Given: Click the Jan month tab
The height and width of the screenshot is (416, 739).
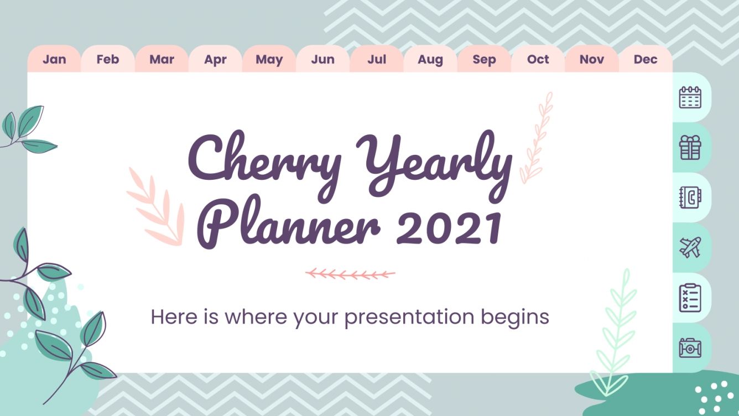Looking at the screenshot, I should pos(54,59).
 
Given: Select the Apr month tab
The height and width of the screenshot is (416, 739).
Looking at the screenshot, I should pos(215,59).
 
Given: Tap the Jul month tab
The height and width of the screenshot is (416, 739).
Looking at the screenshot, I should pos(377,59).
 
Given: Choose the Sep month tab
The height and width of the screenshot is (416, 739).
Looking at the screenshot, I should pos(484,59).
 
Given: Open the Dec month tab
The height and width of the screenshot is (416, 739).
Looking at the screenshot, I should pos(646,59).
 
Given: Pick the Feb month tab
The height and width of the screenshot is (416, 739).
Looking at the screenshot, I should pos(108,59).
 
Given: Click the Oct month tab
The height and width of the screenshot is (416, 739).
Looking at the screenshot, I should pos(538,59).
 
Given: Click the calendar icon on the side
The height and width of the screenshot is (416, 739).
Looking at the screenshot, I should pos(690,97).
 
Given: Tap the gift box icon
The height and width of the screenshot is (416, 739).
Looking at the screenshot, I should pos(690,148).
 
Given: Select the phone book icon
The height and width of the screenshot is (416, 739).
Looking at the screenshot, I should pos(690,197).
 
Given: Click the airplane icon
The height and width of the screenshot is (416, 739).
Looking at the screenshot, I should pos(690,247).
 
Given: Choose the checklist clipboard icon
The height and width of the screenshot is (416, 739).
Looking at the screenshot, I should pos(690,298).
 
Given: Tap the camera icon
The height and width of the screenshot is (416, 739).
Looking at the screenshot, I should pos(690,347).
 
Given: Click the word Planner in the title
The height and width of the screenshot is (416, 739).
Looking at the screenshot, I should pos(290,226).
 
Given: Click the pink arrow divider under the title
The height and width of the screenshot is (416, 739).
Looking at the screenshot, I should pos(350,273).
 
